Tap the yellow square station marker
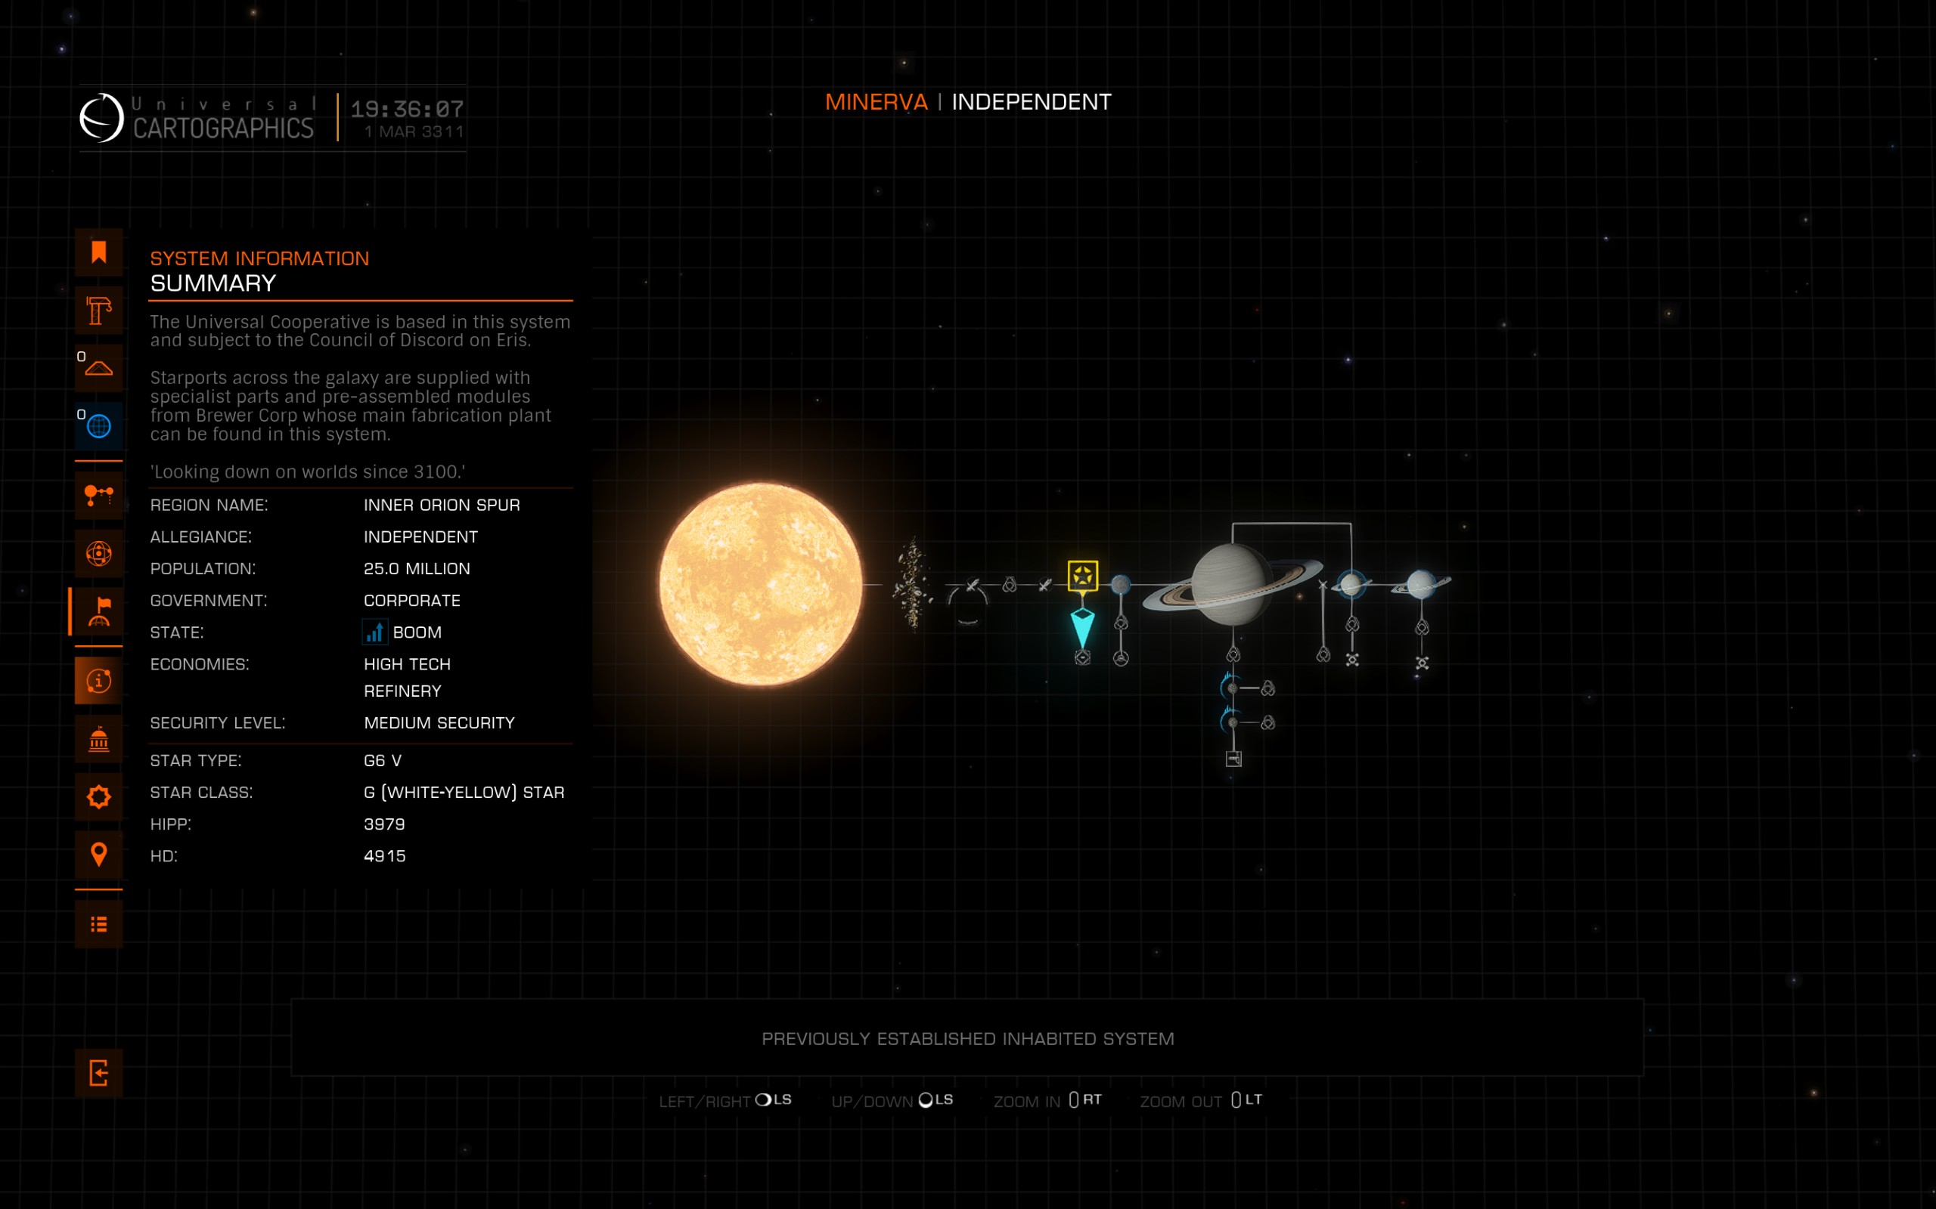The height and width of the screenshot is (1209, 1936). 1082,576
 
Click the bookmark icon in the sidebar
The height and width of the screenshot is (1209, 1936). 98,252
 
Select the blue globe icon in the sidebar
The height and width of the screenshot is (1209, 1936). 98,426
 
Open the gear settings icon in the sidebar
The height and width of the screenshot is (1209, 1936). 98,796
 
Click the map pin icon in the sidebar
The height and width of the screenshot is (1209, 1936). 98,854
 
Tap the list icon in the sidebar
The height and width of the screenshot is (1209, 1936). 98,924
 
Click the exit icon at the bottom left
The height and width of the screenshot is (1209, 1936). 98,1072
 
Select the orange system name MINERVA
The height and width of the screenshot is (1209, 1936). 876,102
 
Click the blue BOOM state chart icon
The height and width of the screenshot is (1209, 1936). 374,632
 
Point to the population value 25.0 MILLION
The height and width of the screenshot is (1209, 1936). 417,568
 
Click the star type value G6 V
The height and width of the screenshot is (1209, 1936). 383,760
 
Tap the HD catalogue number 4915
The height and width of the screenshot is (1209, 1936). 385,855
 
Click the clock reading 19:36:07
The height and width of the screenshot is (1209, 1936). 407,109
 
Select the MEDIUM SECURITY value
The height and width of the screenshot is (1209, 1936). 439,723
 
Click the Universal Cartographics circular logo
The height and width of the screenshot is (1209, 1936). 101,118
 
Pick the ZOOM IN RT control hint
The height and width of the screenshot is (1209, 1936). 1047,1100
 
